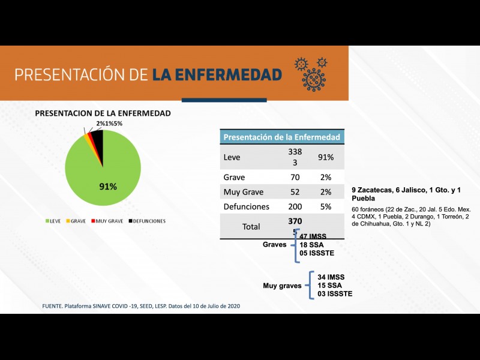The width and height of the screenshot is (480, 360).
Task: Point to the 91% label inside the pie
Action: [108, 187]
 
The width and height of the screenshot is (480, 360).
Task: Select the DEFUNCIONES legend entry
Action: [146, 221]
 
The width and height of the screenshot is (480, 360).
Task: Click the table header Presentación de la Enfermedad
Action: [282, 137]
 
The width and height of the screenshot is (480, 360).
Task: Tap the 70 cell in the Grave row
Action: [294, 178]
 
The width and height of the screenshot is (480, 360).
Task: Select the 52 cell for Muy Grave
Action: [294, 192]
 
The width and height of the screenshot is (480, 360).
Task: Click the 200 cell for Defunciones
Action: [294, 206]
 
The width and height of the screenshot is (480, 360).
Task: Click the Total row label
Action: [250, 227]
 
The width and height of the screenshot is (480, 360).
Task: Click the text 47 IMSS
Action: [313, 236]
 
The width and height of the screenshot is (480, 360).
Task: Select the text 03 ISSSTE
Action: [335, 293]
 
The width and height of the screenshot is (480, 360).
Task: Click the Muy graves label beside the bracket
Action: [282, 286]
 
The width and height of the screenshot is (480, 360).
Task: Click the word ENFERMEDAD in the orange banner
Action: [217, 74]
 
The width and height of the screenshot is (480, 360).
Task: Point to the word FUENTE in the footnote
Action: [53, 306]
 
